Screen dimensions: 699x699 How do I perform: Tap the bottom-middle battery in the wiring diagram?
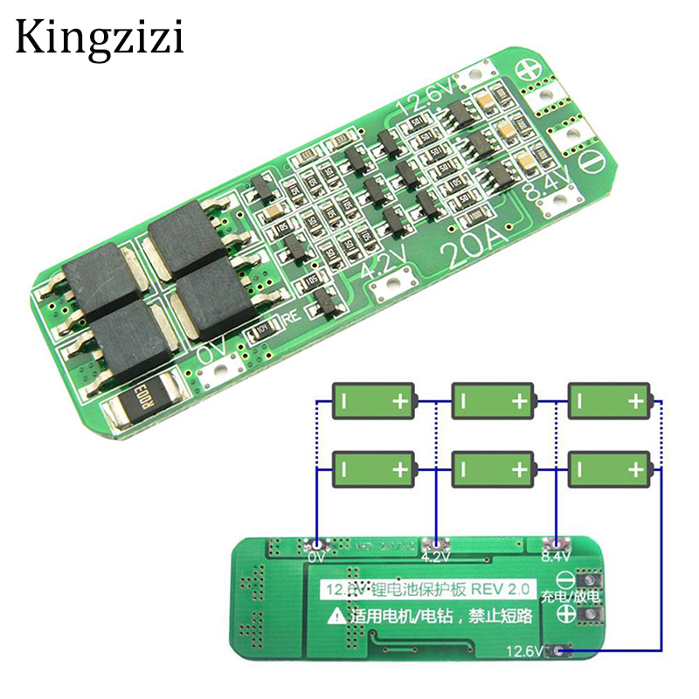pyautogui.click(x=492, y=469)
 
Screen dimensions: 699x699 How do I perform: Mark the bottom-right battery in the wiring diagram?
pyautogui.click(x=610, y=469)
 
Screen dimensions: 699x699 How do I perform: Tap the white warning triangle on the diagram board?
pyautogui.click(x=335, y=616)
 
